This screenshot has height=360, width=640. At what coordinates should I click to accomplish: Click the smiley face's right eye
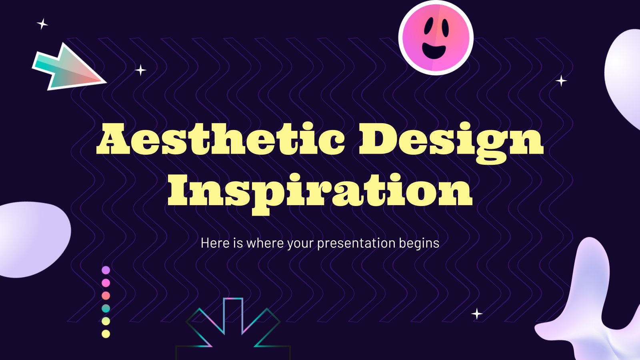[x=445, y=28]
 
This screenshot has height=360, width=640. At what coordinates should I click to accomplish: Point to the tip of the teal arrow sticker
[x=106, y=82]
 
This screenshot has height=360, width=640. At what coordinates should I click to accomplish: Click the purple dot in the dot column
[x=106, y=270]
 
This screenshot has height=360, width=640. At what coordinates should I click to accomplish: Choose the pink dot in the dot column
[x=106, y=283]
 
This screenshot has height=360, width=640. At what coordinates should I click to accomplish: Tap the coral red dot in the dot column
[x=106, y=296]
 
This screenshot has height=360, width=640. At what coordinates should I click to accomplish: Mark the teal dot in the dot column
[x=106, y=308]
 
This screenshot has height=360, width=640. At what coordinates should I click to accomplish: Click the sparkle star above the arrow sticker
[x=42, y=24]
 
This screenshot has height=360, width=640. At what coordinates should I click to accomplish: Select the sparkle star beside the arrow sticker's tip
[x=140, y=70]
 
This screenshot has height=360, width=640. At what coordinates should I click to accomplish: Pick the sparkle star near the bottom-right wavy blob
[x=476, y=314]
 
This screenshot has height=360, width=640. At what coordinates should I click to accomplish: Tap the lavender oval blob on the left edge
[x=33, y=240]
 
